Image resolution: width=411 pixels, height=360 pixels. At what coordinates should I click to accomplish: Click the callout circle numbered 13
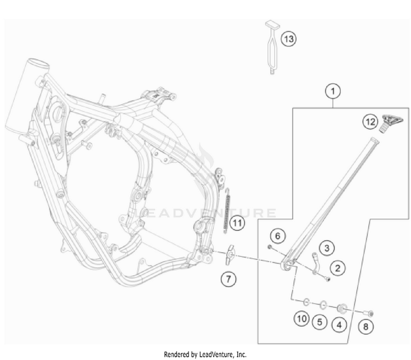tap(289, 39)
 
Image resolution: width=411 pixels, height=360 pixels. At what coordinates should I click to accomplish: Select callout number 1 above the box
tap(333, 92)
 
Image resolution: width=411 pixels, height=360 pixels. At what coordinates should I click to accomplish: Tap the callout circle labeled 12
tap(370, 122)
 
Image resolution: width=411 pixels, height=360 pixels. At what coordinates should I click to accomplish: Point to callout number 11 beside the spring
tap(237, 223)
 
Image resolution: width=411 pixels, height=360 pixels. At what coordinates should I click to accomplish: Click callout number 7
tap(229, 279)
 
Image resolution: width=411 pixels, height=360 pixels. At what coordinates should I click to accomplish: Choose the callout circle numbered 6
tap(278, 236)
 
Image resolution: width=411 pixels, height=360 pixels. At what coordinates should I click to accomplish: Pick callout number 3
tap(327, 248)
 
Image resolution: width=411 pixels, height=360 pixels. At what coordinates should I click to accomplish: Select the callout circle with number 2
tap(338, 268)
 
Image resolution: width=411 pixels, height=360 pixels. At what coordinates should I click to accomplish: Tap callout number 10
tap(302, 319)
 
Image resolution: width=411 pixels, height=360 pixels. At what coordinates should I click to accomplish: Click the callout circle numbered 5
tap(320, 322)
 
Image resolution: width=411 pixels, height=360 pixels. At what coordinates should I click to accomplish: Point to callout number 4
tap(339, 325)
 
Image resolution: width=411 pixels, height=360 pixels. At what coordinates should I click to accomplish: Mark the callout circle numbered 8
tap(366, 327)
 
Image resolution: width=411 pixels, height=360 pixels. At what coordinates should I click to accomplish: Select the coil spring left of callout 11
tap(228, 211)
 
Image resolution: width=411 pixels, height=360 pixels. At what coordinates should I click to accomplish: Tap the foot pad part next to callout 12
tap(390, 123)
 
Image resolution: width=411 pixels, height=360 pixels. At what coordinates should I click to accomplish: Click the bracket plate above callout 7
tap(230, 255)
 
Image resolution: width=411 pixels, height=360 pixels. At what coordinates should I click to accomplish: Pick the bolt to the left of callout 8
tap(368, 313)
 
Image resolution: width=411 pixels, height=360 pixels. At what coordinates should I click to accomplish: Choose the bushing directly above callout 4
tap(342, 308)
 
